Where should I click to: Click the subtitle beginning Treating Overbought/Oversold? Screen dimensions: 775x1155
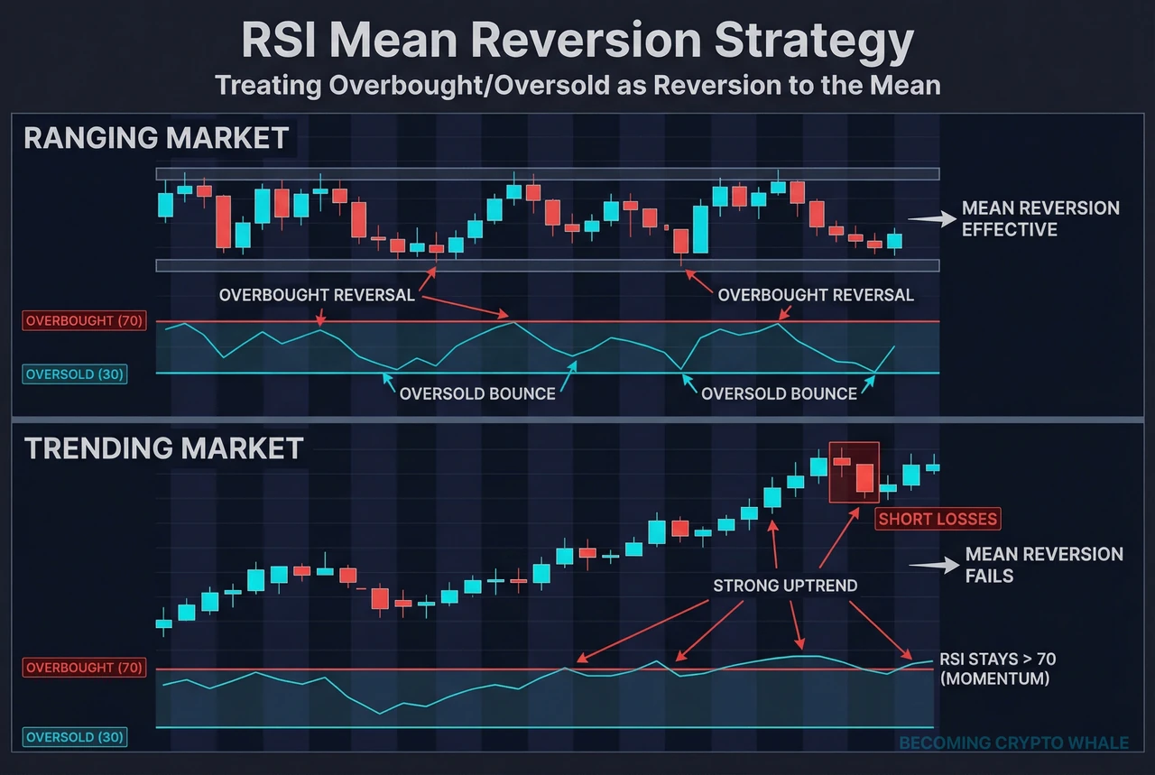coord(577,86)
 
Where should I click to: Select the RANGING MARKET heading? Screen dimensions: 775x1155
coord(156,138)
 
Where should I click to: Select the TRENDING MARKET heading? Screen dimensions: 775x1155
coord(163,448)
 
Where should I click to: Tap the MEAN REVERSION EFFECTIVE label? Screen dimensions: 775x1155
coord(1039,218)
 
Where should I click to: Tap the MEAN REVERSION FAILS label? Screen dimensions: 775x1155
coord(1043,564)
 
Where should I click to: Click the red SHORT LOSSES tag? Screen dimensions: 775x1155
coord(938,519)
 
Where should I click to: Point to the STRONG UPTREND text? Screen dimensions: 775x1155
coord(785,586)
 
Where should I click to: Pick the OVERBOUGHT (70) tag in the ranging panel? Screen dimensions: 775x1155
coord(84,321)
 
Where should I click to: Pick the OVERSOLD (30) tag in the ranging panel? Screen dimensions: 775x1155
coord(76,374)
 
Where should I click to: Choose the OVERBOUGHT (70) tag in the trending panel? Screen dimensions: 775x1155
coord(84,668)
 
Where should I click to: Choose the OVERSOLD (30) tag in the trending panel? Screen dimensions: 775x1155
coord(76,737)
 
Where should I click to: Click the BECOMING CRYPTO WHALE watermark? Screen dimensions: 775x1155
coord(1013,743)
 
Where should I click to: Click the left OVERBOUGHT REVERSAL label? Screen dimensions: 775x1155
coord(317,295)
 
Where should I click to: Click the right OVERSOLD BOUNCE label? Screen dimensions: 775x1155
coord(779,393)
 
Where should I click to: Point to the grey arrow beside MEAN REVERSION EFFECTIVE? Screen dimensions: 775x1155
coord(931,219)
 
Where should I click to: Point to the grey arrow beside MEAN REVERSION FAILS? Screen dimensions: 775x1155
coord(933,565)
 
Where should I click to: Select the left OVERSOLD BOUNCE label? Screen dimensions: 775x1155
coord(477,393)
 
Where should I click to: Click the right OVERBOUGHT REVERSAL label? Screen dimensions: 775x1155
coord(816,295)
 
